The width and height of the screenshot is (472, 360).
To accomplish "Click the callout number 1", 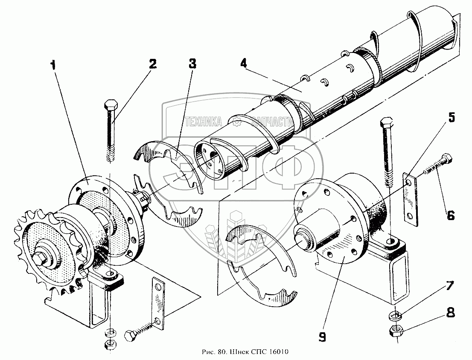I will click(53, 65).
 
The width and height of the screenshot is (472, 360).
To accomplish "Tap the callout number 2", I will click(152, 64).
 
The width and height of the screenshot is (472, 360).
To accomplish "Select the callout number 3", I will click(192, 64).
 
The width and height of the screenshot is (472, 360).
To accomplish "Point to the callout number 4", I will click(243, 64).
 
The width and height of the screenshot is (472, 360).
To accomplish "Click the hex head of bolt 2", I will click(110, 104).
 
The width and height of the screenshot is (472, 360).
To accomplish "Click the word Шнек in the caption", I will click(238, 352).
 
